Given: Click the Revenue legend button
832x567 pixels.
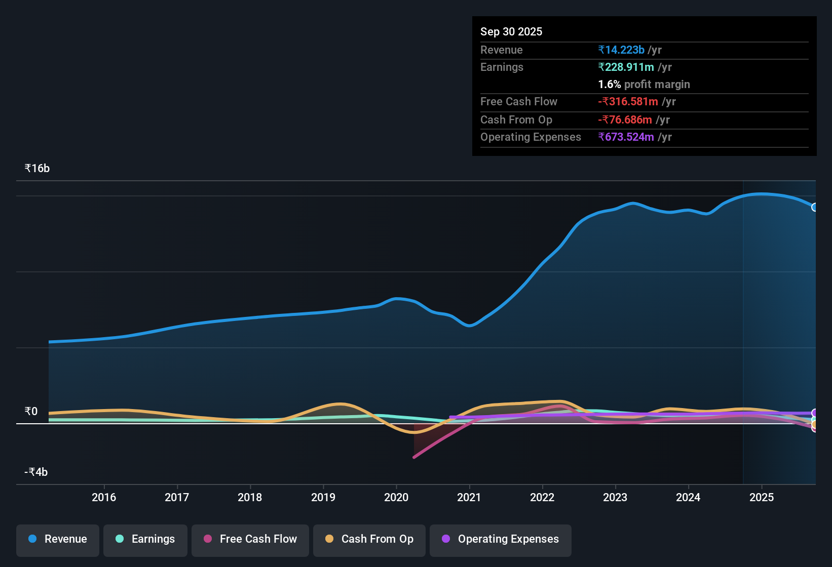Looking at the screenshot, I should click(58, 539).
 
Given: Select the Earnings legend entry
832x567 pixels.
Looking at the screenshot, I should click(145, 539).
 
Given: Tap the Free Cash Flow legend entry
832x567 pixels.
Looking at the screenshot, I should click(250, 539).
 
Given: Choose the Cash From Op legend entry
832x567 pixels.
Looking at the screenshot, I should click(369, 539).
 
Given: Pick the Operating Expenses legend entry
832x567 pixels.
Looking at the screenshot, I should click(501, 539).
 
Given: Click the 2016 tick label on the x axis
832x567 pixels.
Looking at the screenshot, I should click(104, 497).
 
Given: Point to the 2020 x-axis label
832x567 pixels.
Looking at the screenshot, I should click(396, 497).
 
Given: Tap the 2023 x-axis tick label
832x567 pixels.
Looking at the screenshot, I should click(615, 497).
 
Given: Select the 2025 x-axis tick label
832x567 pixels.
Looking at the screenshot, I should click(762, 497).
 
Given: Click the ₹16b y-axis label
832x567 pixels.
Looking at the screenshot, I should click(37, 169).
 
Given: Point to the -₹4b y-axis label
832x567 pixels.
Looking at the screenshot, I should click(36, 472).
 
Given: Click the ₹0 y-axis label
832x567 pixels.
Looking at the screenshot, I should click(31, 412).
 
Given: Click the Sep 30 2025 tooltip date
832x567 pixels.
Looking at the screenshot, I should click(511, 31).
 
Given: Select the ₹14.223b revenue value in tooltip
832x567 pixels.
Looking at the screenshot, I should click(621, 50).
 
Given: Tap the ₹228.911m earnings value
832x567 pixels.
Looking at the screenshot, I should click(626, 67).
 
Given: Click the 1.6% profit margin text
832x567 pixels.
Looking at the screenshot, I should click(644, 85).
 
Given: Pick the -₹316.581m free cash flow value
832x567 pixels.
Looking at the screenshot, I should click(628, 102).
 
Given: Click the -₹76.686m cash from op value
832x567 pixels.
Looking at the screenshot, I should click(625, 120).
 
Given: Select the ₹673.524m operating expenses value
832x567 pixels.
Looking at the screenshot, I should click(626, 137).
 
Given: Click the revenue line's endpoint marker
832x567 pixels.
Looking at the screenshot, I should click(814, 207).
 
